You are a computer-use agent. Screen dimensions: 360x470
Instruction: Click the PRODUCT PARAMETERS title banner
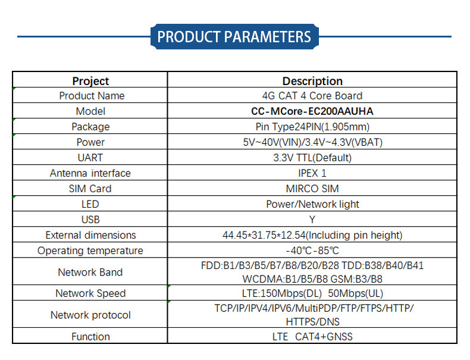(x=234, y=37)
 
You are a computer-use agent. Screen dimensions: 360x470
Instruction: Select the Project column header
(x=90, y=81)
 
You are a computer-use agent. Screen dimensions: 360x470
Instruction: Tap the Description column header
(x=312, y=81)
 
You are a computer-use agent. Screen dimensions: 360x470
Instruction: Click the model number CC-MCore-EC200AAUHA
(x=312, y=111)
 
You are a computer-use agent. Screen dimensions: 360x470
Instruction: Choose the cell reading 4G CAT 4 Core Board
(x=312, y=96)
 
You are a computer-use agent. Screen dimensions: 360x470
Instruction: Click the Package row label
(x=90, y=127)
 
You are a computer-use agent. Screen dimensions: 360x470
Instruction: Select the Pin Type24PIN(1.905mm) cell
(x=312, y=127)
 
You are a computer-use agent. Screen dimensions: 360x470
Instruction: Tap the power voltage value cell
(x=312, y=142)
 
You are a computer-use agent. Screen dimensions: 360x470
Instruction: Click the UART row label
(x=90, y=158)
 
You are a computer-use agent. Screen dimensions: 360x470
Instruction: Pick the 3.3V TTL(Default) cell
(x=312, y=158)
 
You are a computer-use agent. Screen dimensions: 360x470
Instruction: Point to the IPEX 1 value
(x=312, y=173)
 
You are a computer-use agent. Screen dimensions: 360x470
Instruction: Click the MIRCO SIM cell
(x=312, y=189)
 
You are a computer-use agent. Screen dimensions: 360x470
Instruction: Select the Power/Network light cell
(x=312, y=204)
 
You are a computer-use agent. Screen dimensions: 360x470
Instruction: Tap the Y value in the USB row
(x=312, y=220)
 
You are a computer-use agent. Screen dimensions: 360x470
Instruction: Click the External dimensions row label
(x=90, y=235)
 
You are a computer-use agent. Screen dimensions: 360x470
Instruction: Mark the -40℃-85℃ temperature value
(x=312, y=251)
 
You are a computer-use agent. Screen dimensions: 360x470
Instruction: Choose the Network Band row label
(x=90, y=273)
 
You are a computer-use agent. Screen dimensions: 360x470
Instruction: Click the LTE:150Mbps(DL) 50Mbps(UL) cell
(x=312, y=293)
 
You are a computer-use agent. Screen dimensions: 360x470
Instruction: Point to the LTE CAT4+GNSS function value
(x=312, y=337)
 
